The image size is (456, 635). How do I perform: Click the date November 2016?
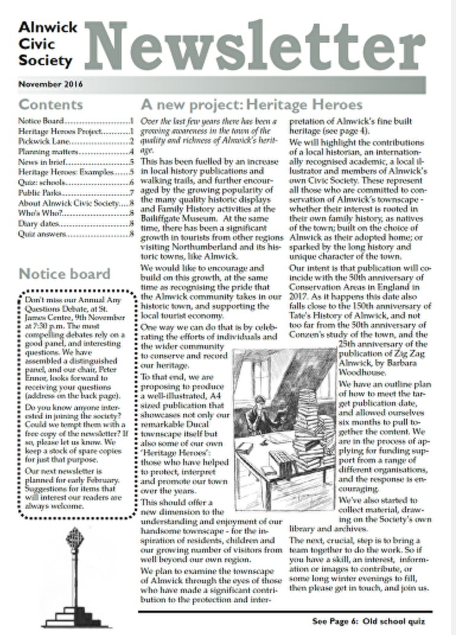[x=50, y=84]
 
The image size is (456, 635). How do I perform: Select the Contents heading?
[x=51, y=105]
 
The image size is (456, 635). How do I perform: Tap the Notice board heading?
[x=64, y=273]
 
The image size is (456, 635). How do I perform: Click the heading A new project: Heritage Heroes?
[x=251, y=105]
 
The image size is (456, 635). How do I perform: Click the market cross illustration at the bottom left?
[x=75, y=578]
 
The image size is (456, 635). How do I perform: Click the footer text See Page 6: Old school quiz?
[x=368, y=621]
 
